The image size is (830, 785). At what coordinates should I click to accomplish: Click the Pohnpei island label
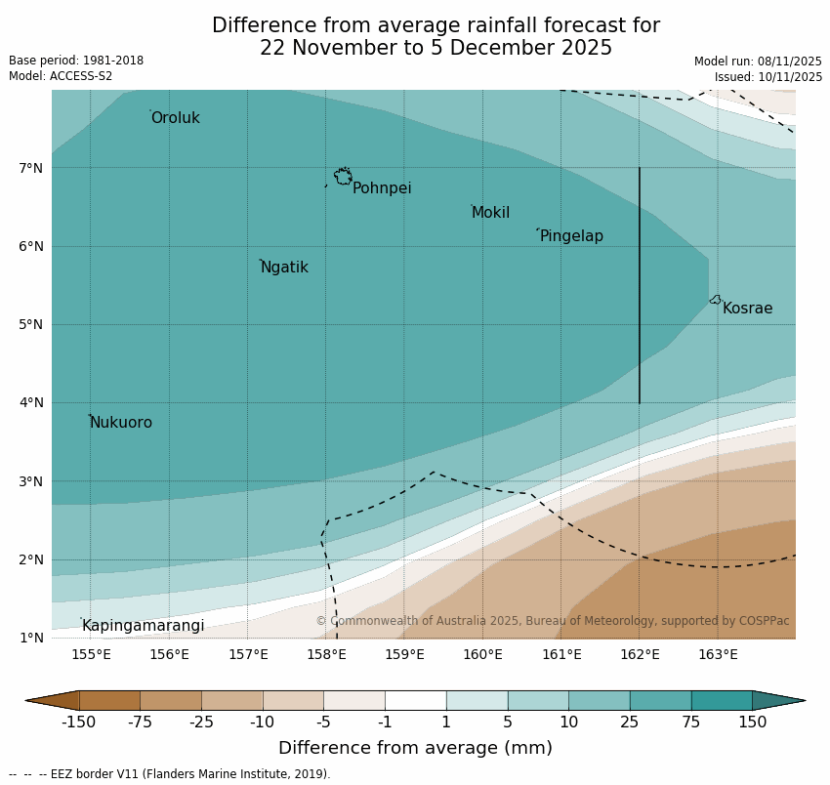382,188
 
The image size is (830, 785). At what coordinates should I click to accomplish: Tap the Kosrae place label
747,309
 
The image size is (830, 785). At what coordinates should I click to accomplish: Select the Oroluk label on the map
175,118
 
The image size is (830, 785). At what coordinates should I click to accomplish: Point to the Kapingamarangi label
143,626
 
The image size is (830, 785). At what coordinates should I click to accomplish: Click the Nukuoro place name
120,423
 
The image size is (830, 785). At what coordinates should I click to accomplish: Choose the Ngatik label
284,268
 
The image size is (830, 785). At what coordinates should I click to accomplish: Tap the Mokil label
490,213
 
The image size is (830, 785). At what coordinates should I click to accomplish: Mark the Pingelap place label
571,236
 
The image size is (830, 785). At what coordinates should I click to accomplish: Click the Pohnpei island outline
343,177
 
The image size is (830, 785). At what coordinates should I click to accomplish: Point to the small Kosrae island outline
715,300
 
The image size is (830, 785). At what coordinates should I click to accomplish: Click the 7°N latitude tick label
31,168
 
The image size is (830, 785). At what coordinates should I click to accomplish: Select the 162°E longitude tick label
640,654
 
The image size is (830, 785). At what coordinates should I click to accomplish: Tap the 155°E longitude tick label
91,654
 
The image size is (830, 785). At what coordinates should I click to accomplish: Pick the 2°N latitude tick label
31,559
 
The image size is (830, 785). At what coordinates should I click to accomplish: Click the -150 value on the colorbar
79,723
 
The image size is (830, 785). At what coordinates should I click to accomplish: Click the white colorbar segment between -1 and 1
415,700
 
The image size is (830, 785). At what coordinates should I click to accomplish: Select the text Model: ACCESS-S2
61,76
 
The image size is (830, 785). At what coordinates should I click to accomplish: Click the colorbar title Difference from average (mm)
415,749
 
